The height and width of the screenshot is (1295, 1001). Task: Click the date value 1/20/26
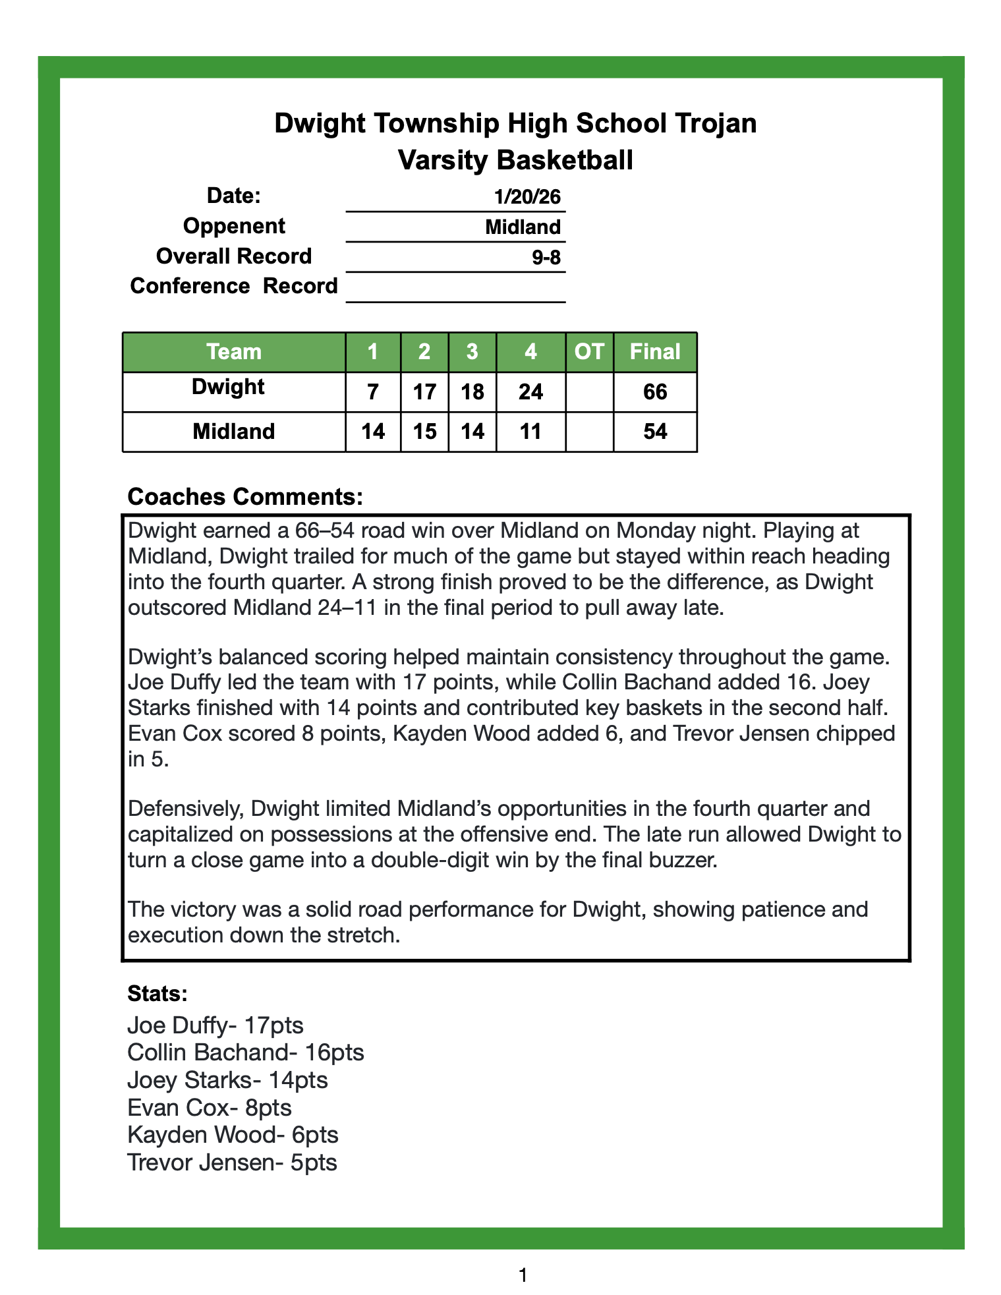(x=527, y=196)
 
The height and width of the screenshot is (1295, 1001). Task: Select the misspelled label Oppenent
(x=234, y=226)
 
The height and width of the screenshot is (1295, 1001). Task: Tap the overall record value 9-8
(x=546, y=257)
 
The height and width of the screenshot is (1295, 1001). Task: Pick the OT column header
(x=589, y=352)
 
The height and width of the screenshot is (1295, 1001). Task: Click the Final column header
(x=654, y=352)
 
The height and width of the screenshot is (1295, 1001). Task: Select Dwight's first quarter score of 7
(x=372, y=392)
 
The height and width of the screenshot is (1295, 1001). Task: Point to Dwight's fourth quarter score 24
(x=530, y=392)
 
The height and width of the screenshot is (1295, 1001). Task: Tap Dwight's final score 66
(x=655, y=392)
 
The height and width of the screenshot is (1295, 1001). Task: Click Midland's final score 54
(x=655, y=432)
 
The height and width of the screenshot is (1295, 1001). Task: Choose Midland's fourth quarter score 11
(x=530, y=432)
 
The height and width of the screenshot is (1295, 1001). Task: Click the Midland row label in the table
(x=234, y=432)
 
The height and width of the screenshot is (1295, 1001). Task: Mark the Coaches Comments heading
(x=244, y=497)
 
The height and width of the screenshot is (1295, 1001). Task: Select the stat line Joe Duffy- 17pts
(x=215, y=1025)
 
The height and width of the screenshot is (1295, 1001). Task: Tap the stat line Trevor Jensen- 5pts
(x=232, y=1162)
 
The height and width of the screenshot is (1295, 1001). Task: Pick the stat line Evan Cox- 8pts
(x=209, y=1107)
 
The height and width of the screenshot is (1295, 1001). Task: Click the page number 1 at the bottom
(x=523, y=1276)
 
